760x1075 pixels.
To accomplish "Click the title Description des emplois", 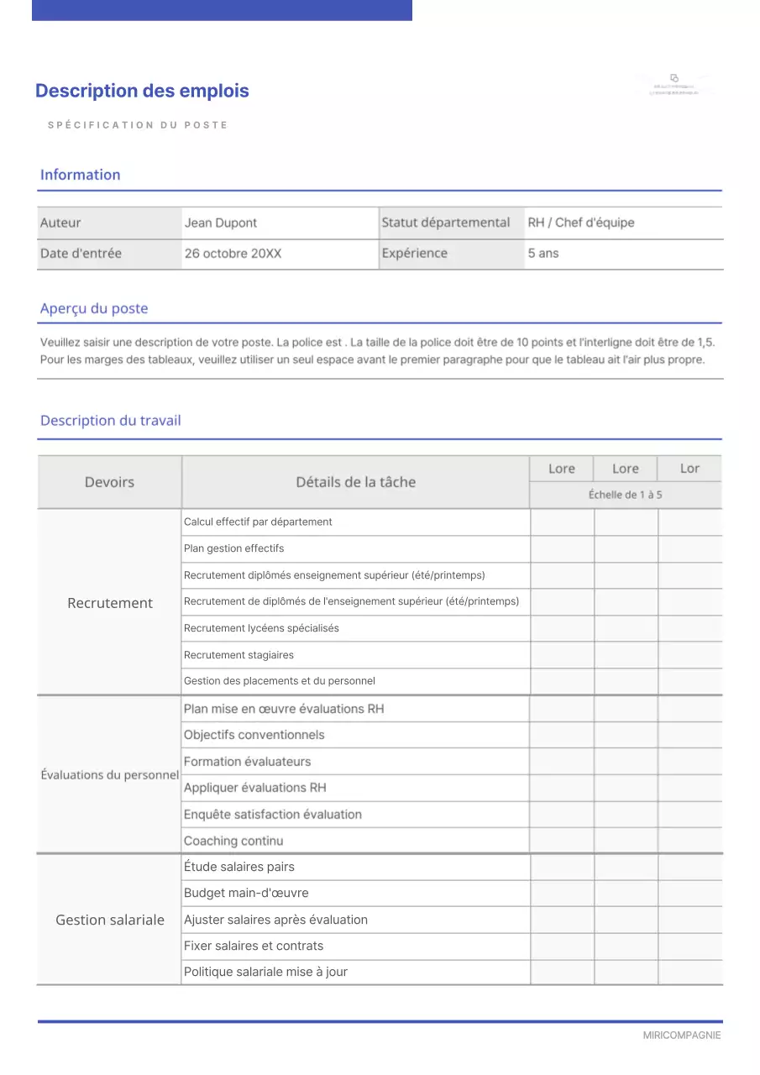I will pyautogui.click(x=142, y=91).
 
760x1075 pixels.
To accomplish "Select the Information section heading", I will pyautogui.click(x=81, y=175).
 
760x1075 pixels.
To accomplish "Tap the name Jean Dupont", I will pyautogui.click(x=221, y=223).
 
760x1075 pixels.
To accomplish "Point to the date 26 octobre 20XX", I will pyautogui.click(x=233, y=253).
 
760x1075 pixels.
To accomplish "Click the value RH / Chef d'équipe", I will pyautogui.click(x=581, y=223).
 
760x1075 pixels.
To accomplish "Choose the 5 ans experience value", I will pyautogui.click(x=543, y=253).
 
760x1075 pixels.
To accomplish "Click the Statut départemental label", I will pyautogui.click(x=446, y=223).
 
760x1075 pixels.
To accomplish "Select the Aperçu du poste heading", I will pyautogui.click(x=94, y=308).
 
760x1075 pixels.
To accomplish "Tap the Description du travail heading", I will pyautogui.click(x=111, y=421).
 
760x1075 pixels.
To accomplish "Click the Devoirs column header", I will pyautogui.click(x=109, y=482).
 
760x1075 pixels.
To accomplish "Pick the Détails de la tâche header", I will pyautogui.click(x=355, y=482).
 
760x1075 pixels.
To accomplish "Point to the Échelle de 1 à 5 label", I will pyautogui.click(x=625, y=495).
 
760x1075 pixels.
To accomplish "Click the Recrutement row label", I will pyautogui.click(x=110, y=603).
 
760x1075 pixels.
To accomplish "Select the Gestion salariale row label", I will pyautogui.click(x=110, y=920).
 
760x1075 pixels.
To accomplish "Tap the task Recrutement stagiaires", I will pyautogui.click(x=238, y=655).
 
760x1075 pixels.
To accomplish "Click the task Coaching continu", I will pyautogui.click(x=233, y=841).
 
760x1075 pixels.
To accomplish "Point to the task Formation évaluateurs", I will pyautogui.click(x=247, y=762).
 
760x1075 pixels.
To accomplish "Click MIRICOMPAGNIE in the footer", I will pyautogui.click(x=682, y=1036).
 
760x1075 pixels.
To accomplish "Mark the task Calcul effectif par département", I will pyautogui.click(x=258, y=522).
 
